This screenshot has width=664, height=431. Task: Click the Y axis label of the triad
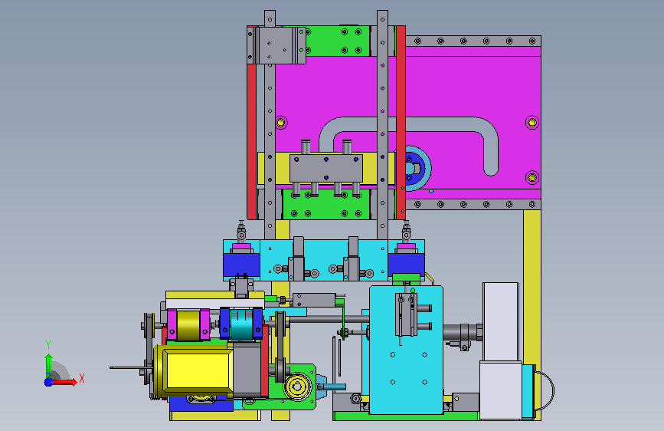point(48,345)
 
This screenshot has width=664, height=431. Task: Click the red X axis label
point(82,378)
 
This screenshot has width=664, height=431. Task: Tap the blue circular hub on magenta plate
point(411,168)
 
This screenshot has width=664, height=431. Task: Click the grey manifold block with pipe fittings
point(326,169)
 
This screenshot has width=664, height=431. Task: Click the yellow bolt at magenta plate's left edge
point(281,123)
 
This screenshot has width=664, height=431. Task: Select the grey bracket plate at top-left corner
point(276,45)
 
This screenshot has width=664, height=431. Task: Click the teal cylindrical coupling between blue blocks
point(242,324)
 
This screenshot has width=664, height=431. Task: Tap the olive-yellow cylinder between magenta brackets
point(188,325)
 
